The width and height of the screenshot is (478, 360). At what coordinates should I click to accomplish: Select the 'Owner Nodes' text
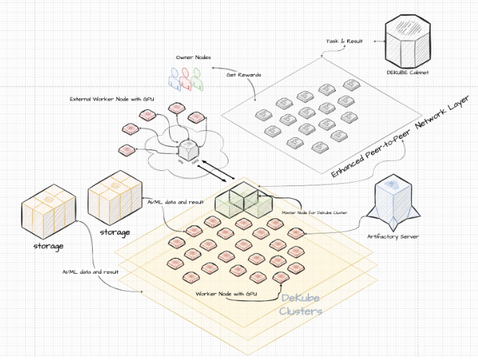[193, 57]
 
